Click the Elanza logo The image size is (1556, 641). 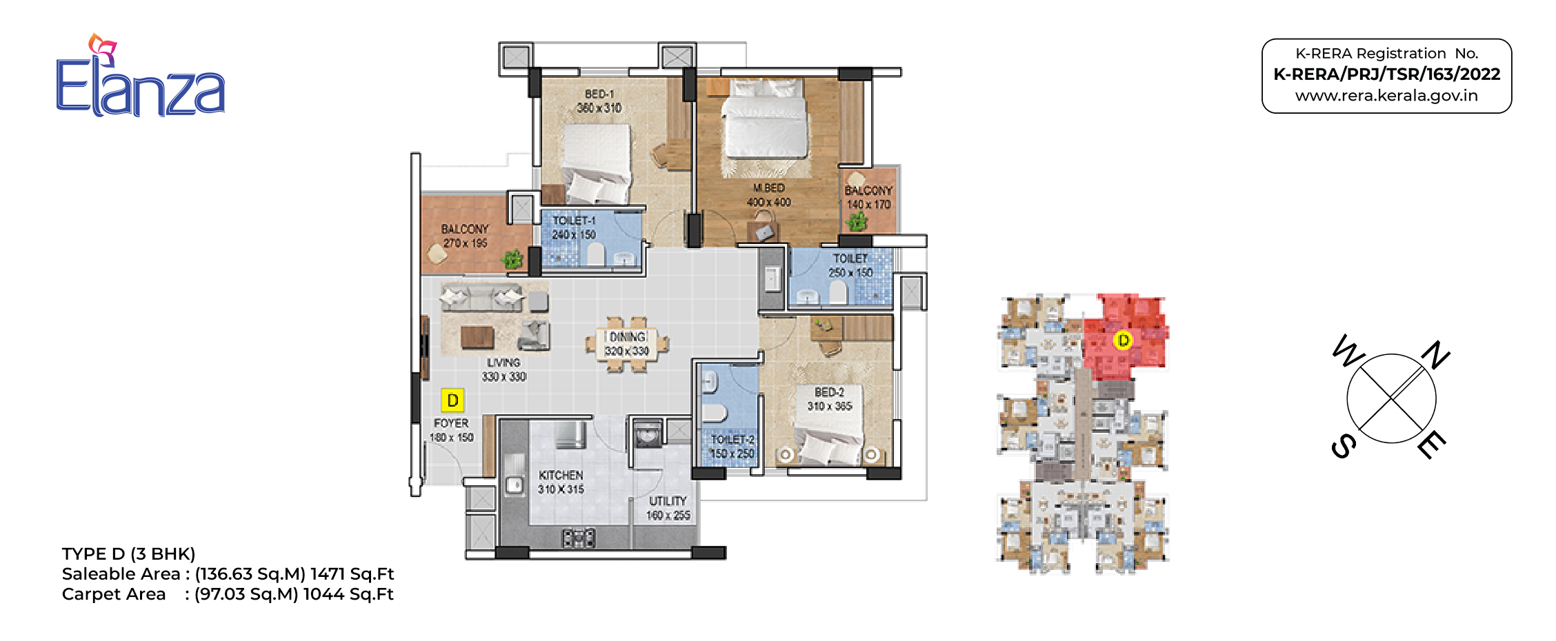tap(141, 76)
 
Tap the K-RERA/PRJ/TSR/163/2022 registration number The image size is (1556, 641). tap(1386, 74)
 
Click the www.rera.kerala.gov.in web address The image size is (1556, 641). tap(1386, 96)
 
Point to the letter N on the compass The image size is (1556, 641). tap(1436, 355)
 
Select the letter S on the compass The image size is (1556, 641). tap(1344, 446)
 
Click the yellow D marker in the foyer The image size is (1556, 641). tap(452, 400)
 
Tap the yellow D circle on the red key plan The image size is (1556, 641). tap(1123, 340)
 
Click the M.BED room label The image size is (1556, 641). tap(768, 187)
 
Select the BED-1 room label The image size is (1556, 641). tap(599, 94)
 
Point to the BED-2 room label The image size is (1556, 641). tap(829, 392)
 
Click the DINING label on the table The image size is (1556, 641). tap(627, 337)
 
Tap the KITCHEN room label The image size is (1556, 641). tap(561, 475)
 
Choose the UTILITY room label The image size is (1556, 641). tap(668, 501)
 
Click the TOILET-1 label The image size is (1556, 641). tap(574, 221)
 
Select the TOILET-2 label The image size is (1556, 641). tap(732, 440)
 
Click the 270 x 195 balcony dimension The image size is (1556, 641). tap(466, 243)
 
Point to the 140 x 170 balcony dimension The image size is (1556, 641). tap(868, 205)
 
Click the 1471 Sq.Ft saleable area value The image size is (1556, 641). tap(352, 574)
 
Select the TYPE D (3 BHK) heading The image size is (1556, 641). tap(129, 554)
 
